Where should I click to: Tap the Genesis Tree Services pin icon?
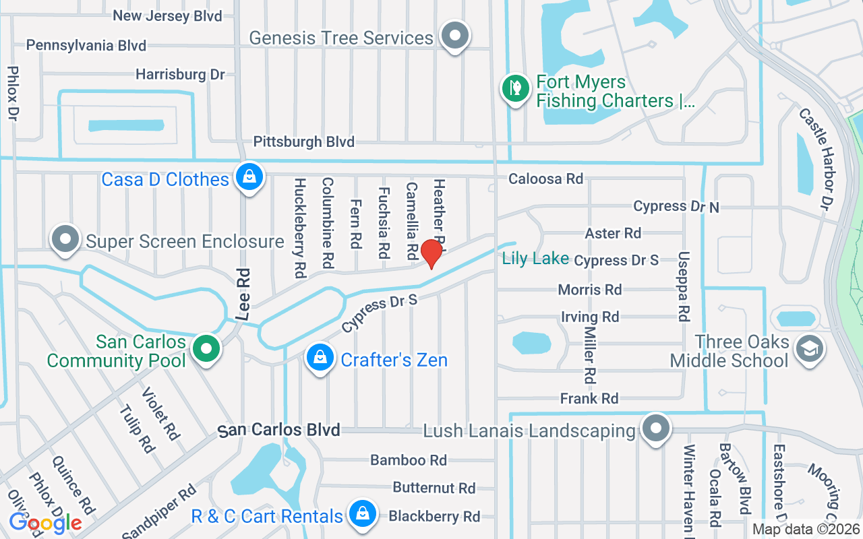click(455, 35)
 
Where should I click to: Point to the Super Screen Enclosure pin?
click(66, 240)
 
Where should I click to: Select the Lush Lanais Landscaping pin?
click(655, 429)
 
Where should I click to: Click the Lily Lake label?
click(535, 259)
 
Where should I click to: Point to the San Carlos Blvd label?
click(279, 430)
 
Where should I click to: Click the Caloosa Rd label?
click(545, 179)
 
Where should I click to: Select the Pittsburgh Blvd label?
click(303, 141)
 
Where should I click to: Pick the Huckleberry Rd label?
click(300, 228)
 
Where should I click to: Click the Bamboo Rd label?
click(409, 460)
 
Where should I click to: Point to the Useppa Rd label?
click(684, 286)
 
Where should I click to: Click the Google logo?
click(45, 523)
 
